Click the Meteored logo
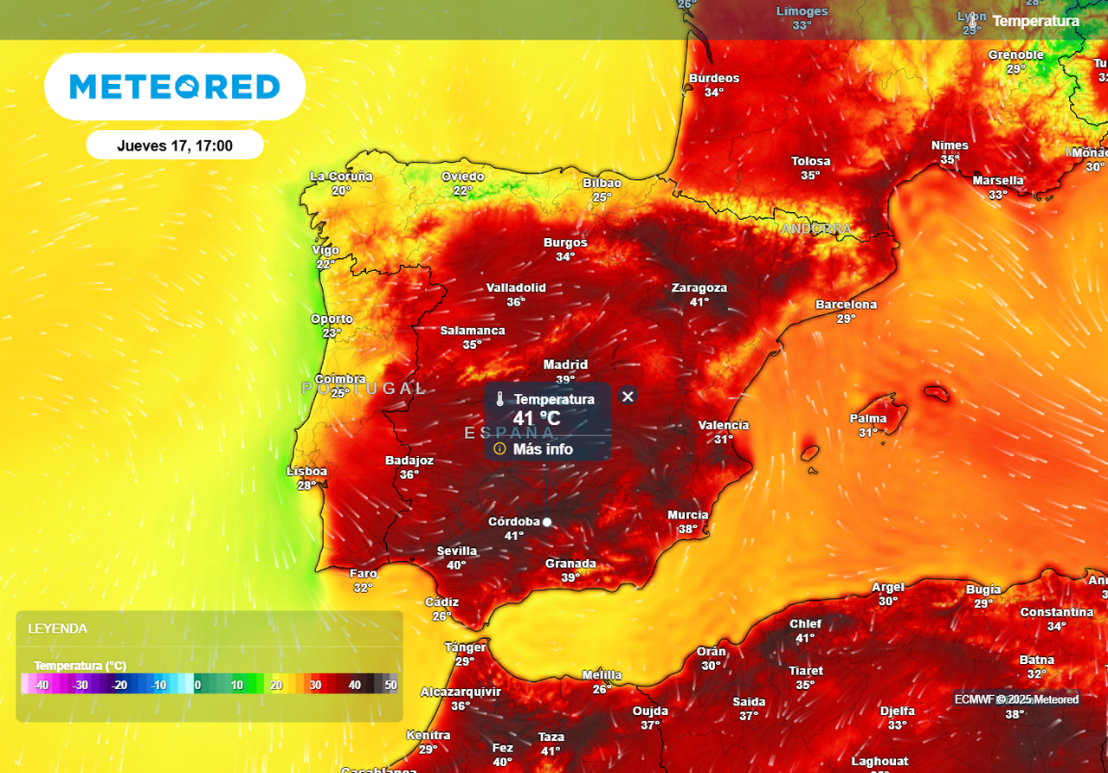click(175, 87)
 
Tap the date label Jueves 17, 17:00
click(175, 146)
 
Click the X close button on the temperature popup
click(628, 396)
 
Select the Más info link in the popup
click(542, 449)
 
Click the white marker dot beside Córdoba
click(547, 522)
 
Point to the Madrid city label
click(565, 364)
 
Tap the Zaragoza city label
click(699, 287)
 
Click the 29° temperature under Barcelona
click(846, 319)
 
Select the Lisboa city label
click(306, 471)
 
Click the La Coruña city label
click(341, 177)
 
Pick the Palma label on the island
click(867, 419)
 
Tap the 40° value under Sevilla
click(456, 565)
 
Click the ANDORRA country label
click(816, 229)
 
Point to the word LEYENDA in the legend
click(57, 628)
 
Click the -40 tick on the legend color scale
click(41, 685)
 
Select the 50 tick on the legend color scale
click(390, 685)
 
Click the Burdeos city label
click(714, 78)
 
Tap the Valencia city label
click(724, 425)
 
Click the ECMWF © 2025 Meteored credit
click(1016, 699)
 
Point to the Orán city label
click(712, 652)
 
